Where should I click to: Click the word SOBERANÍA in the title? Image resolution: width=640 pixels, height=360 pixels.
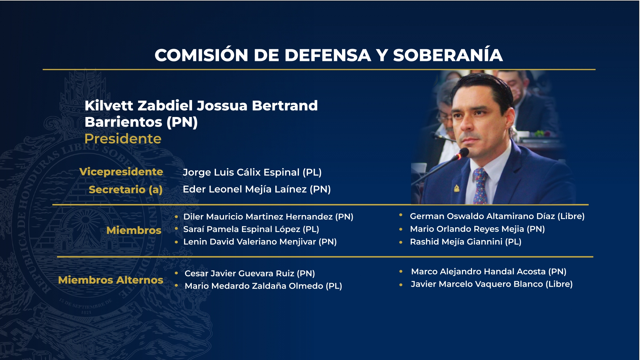click(448, 55)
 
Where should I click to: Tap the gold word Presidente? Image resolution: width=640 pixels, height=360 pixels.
click(123, 139)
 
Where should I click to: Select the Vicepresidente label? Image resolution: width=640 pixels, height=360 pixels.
click(121, 172)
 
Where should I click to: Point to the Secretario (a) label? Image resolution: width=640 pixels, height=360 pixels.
click(125, 190)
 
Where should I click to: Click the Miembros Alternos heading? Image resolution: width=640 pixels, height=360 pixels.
click(110, 280)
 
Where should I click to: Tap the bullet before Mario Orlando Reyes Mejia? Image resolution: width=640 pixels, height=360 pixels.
click(401, 229)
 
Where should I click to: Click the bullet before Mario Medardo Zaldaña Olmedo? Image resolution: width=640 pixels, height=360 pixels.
click(176, 286)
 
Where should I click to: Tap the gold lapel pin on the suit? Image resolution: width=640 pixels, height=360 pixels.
click(457, 189)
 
